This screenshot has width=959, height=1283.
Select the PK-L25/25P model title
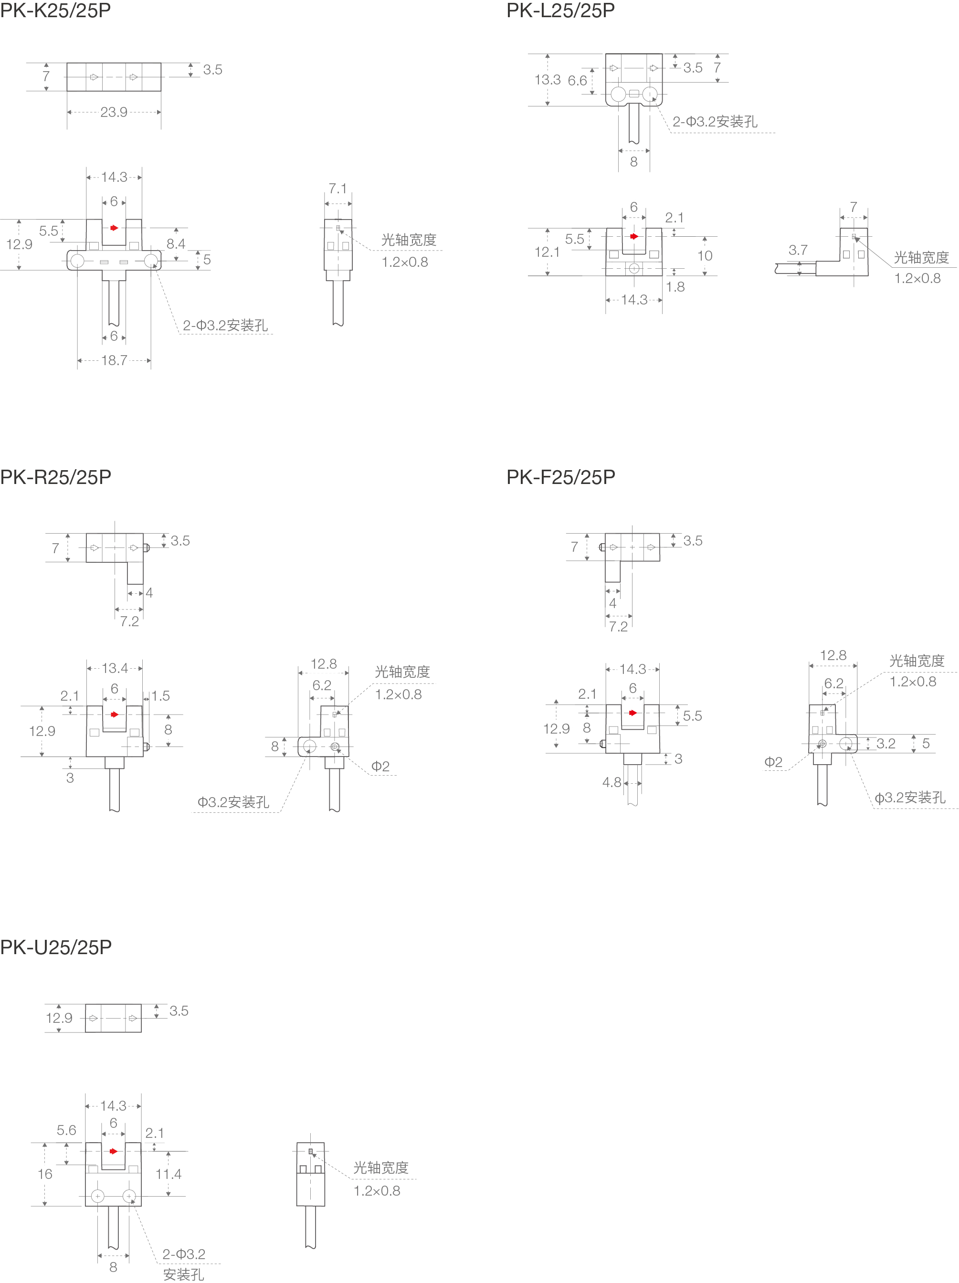pos(560,11)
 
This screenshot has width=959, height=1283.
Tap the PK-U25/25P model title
pos(56,947)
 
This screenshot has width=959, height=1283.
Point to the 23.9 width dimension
pos(114,112)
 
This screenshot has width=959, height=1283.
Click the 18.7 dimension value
pos(114,360)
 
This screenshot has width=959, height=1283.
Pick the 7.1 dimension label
pos(337,189)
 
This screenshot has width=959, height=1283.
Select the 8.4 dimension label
pos(176,243)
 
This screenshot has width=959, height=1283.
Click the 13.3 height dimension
pos(547,79)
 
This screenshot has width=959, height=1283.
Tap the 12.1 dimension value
pos(547,252)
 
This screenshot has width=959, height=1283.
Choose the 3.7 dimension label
pos(798,250)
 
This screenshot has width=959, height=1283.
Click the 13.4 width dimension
pos(115,668)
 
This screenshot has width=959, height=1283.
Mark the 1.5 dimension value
pos(161,695)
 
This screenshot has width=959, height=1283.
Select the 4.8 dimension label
pos(611,782)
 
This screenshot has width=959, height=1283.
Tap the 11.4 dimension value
pos(168,1174)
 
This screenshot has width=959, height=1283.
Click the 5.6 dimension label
pos(66,1130)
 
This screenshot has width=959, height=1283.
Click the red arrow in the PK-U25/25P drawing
pos(113,1151)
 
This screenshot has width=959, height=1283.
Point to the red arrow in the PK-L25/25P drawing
pos(633,236)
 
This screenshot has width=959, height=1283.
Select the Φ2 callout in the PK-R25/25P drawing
pos(380,766)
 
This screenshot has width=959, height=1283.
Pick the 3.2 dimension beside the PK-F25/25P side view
pos(885,744)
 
